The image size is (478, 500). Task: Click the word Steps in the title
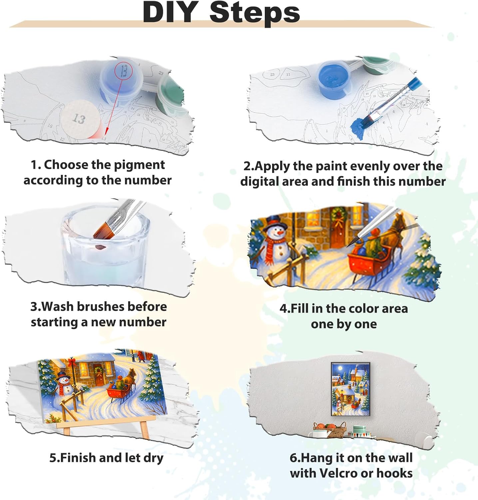tap(255, 13)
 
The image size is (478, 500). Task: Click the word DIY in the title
tap(170, 12)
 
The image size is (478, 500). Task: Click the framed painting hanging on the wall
tap(350, 389)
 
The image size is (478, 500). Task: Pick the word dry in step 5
tap(154, 458)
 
